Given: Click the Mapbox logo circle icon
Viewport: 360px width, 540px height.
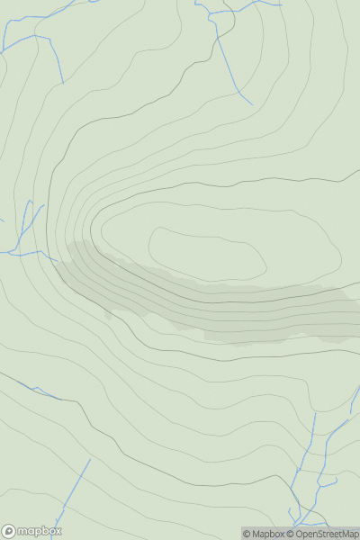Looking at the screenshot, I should click(x=9, y=531).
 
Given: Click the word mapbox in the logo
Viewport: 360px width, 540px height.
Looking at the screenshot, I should click(x=38, y=531).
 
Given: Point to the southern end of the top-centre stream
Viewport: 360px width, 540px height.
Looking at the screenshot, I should click(x=252, y=103).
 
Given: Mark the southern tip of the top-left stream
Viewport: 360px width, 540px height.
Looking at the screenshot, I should click(x=63, y=83).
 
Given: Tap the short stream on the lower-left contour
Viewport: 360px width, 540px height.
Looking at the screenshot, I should click(x=40, y=391).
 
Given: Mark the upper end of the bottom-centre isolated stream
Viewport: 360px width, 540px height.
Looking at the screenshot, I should click(x=91, y=460).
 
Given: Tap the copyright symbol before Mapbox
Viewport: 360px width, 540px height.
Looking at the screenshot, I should click(x=247, y=534).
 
